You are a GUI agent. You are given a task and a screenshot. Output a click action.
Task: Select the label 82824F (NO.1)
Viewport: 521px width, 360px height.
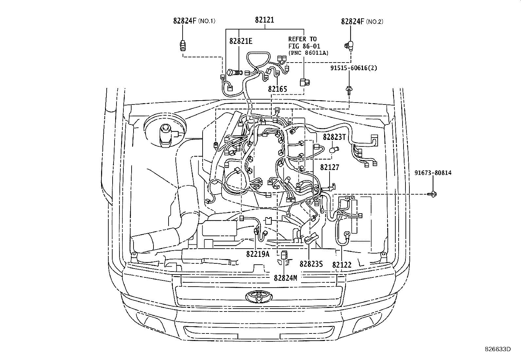coord(194,21)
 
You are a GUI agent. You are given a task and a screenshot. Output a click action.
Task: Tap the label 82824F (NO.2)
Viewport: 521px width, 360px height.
coord(362,22)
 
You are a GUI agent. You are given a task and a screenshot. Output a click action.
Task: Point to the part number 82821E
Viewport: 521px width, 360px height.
coord(241,41)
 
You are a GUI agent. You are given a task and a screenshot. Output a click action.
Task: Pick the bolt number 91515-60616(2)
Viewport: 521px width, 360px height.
coord(353,68)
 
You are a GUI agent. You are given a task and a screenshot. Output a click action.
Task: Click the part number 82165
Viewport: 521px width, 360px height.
coord(277,89)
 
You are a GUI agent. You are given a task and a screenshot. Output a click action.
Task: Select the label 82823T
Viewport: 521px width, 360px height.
coord(334,137)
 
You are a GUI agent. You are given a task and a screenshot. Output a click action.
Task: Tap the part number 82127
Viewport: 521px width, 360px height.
coord(330,167)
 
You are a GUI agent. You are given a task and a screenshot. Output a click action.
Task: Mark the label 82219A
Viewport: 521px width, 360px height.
coord(258,254)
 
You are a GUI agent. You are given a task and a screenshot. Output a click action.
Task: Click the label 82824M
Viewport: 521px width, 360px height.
coord(285,278)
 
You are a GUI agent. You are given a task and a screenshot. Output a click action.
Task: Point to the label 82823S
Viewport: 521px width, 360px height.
coord(311,264)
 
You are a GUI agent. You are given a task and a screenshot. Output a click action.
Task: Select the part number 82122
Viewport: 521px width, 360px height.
coord(342,265)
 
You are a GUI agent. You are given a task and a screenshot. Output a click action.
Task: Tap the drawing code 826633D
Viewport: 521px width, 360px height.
coord(497,349)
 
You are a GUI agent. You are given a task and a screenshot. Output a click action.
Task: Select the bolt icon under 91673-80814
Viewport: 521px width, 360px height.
coord(433,194)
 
